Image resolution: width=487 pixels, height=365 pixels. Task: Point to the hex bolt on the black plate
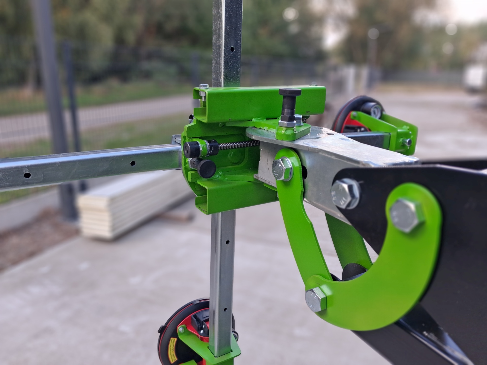pyautogui.click(x=345, y=193)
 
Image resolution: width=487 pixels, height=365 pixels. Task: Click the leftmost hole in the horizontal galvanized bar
pyautogui.click(x=27, y=175)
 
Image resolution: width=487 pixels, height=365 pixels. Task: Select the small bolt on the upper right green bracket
pyautogui.click(x=407, y=142)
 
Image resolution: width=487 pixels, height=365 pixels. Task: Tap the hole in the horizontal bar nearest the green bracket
pyautogui.click(x=133, y=163)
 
